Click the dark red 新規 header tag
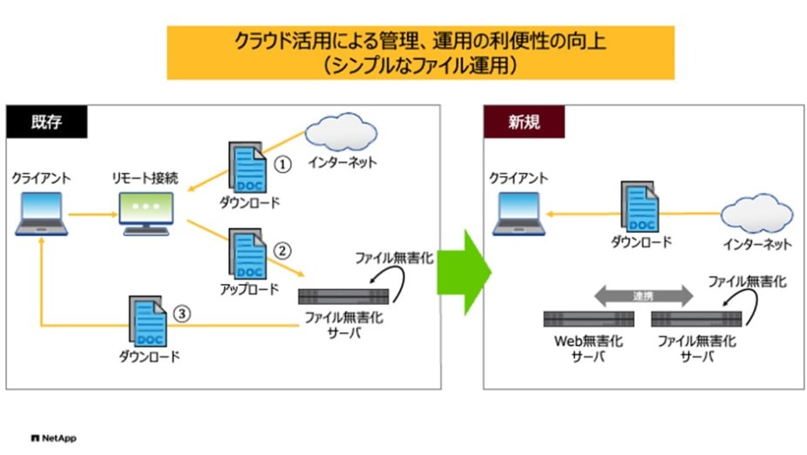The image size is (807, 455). [524, 121]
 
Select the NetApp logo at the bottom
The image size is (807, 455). [53, 438]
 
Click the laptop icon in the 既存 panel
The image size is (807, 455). [40, 214]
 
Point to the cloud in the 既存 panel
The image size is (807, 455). [341, 133]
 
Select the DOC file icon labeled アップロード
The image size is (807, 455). [247, 253]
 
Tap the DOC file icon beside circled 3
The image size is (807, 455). [148, 320]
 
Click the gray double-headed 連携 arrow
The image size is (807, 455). [643, 295]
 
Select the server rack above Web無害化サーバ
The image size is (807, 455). [586, 319]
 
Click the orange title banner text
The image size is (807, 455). [420, 52]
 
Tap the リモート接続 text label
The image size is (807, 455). [146, 178]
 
